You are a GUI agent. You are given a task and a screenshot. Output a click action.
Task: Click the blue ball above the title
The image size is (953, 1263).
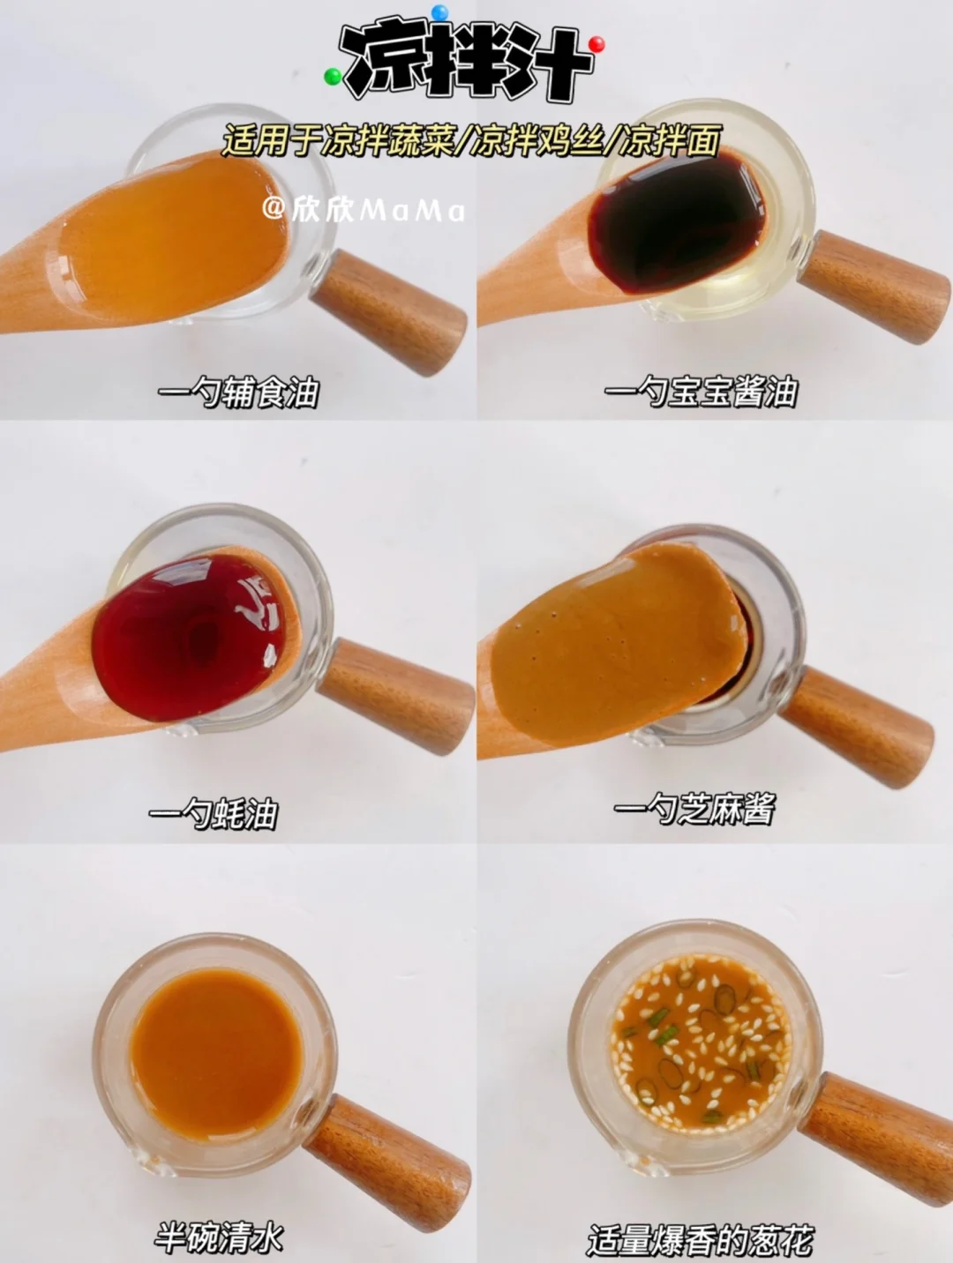pos(439,11)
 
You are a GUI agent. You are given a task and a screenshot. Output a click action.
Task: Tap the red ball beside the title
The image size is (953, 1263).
pos(597,44)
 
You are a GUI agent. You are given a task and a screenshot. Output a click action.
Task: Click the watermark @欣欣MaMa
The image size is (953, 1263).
pos(364,211)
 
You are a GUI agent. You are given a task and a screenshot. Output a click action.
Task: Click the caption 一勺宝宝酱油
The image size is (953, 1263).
pos(701,392)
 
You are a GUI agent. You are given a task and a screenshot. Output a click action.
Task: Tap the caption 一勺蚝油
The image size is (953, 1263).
pos(214,813)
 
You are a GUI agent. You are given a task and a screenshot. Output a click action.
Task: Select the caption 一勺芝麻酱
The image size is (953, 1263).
pos(694,809)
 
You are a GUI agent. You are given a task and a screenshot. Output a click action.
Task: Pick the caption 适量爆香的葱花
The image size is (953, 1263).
pos(701,1240)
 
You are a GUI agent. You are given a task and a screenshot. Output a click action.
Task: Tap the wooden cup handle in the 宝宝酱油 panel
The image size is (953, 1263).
pos(874,286)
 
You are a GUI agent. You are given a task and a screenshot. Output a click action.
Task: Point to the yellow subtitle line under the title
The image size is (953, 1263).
pos(470,140)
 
